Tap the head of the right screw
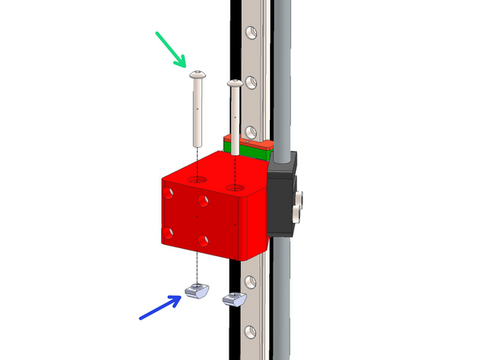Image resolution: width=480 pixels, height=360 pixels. [235, 83]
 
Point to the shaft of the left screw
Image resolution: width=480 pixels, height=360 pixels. [197, 109]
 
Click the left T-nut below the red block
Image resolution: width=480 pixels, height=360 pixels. [197, 291]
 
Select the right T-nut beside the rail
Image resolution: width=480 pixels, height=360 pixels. [234, 299]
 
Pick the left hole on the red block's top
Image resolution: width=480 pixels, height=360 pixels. [197, 177]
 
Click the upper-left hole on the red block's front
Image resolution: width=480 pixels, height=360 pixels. [169, 193]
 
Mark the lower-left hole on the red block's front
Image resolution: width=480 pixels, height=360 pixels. [169, 233]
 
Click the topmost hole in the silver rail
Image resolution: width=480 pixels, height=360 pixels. [251, 32]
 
